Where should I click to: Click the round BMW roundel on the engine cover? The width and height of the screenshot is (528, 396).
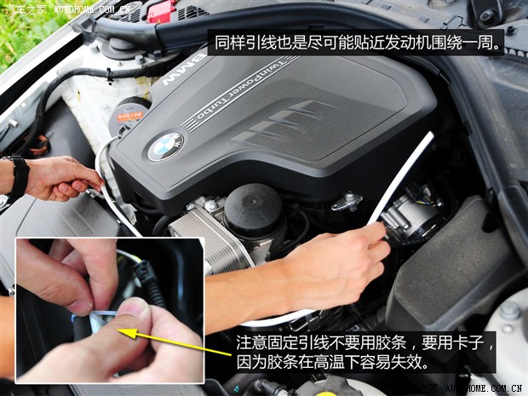(x=165, y=146)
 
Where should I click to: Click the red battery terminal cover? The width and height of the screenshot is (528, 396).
(x=162, y=11)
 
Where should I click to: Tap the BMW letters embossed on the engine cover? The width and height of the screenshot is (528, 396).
(x=184, y=70)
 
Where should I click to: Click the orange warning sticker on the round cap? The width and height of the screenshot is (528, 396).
(x=129, y=117)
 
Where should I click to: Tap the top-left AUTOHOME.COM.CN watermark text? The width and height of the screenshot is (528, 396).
(x=92, y=9)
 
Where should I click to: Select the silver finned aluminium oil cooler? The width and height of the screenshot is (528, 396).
(x=211, y=236)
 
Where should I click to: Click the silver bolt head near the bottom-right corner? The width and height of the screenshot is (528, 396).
(x=509, y=311)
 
